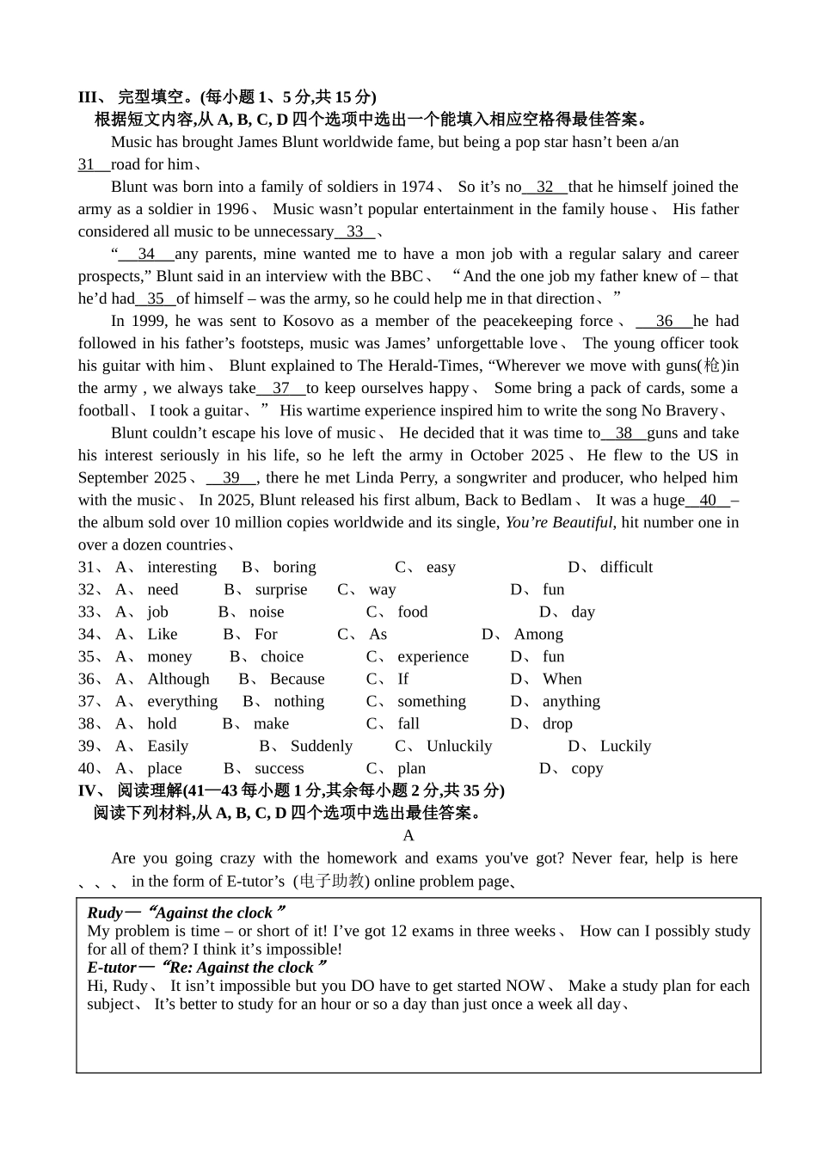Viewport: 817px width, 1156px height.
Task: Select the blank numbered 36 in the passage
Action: pos(664,321)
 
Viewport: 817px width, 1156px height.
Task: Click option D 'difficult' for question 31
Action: pos(626,567)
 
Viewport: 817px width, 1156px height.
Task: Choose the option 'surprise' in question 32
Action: pos(281,589)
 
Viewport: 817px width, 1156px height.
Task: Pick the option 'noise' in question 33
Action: pos(267,612)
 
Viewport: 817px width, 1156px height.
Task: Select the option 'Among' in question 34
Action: pos(538,634)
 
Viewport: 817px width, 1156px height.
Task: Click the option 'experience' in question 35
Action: pos(433,656)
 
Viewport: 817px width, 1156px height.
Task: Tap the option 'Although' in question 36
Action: pos(178,679)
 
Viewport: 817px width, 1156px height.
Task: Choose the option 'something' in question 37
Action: pos(431,701)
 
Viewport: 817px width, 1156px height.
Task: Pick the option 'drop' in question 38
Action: pos(557,723)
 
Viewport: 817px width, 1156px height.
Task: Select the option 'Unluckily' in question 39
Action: pos(459,746)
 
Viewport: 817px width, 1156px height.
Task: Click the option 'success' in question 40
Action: pos(279,768)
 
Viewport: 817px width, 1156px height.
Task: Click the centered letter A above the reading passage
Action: pos(408,835)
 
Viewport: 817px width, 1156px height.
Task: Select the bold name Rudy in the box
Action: pos(104,913)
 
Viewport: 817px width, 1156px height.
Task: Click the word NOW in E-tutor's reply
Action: pos(525,986)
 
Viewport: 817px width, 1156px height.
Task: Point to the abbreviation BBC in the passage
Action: pos(407,276)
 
